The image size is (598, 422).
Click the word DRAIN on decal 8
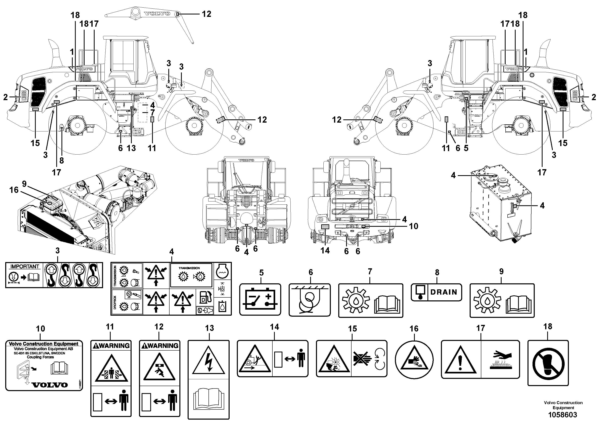[x=444, y=292]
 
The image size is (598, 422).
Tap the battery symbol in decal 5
[x=260, y=300]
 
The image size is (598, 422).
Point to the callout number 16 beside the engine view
[x=14, y=190]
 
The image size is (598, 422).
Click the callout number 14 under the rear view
[x=325, y=251]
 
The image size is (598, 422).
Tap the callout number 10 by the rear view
[x=413, y=226]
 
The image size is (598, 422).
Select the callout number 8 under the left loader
[x=61, y=160]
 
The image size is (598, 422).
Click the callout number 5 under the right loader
[x=466, y=148]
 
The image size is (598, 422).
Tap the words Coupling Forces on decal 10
[x=41, y=357]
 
